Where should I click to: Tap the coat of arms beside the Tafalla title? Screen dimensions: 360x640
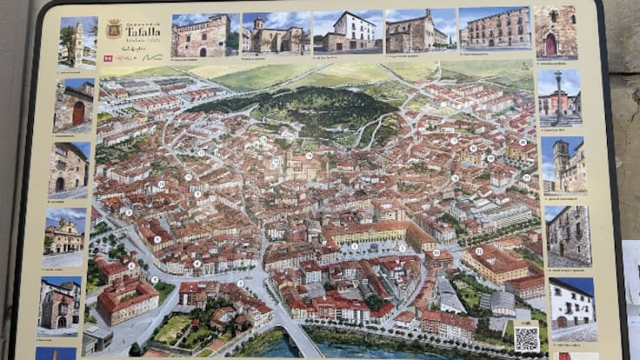click(x=113, y=30)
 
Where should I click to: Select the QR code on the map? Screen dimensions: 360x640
click(x=526, y=338)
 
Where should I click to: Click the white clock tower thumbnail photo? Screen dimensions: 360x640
click(x=77, y=42)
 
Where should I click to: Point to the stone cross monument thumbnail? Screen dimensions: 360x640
click(x=559, y=97)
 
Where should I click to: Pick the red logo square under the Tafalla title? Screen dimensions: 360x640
click(x=108, y=58)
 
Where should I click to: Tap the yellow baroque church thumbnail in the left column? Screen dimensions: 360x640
click(x=64, y=236)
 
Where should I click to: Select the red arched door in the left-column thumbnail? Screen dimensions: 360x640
click(x=78, y=112)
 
